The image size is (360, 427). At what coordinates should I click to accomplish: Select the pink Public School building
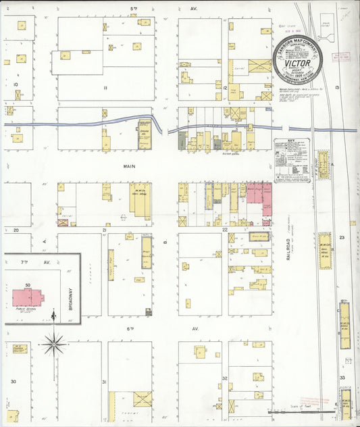click(27, 297)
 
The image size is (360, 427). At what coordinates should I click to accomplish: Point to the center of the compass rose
click(54, 344)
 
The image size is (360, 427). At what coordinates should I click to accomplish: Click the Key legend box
click(292, 159)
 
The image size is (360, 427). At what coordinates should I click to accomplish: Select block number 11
click(105, 88)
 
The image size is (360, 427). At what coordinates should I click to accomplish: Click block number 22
click(225, 230)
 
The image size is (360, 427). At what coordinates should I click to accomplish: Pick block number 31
click(104, 382)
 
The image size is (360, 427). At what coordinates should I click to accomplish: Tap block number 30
click(13, 382)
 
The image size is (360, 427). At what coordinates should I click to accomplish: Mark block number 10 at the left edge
click(14, 84)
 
